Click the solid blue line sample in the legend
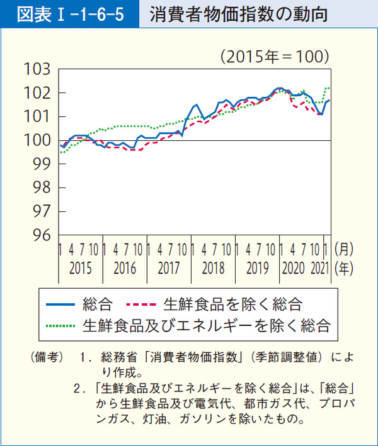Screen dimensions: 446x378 click(61, 305)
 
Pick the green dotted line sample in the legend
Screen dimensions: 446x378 click(61, 326)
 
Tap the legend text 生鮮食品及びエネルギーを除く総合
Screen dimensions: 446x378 click(206, 326)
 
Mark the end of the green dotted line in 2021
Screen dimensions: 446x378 click(329, 87)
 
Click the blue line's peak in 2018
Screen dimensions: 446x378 click(197, 104)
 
